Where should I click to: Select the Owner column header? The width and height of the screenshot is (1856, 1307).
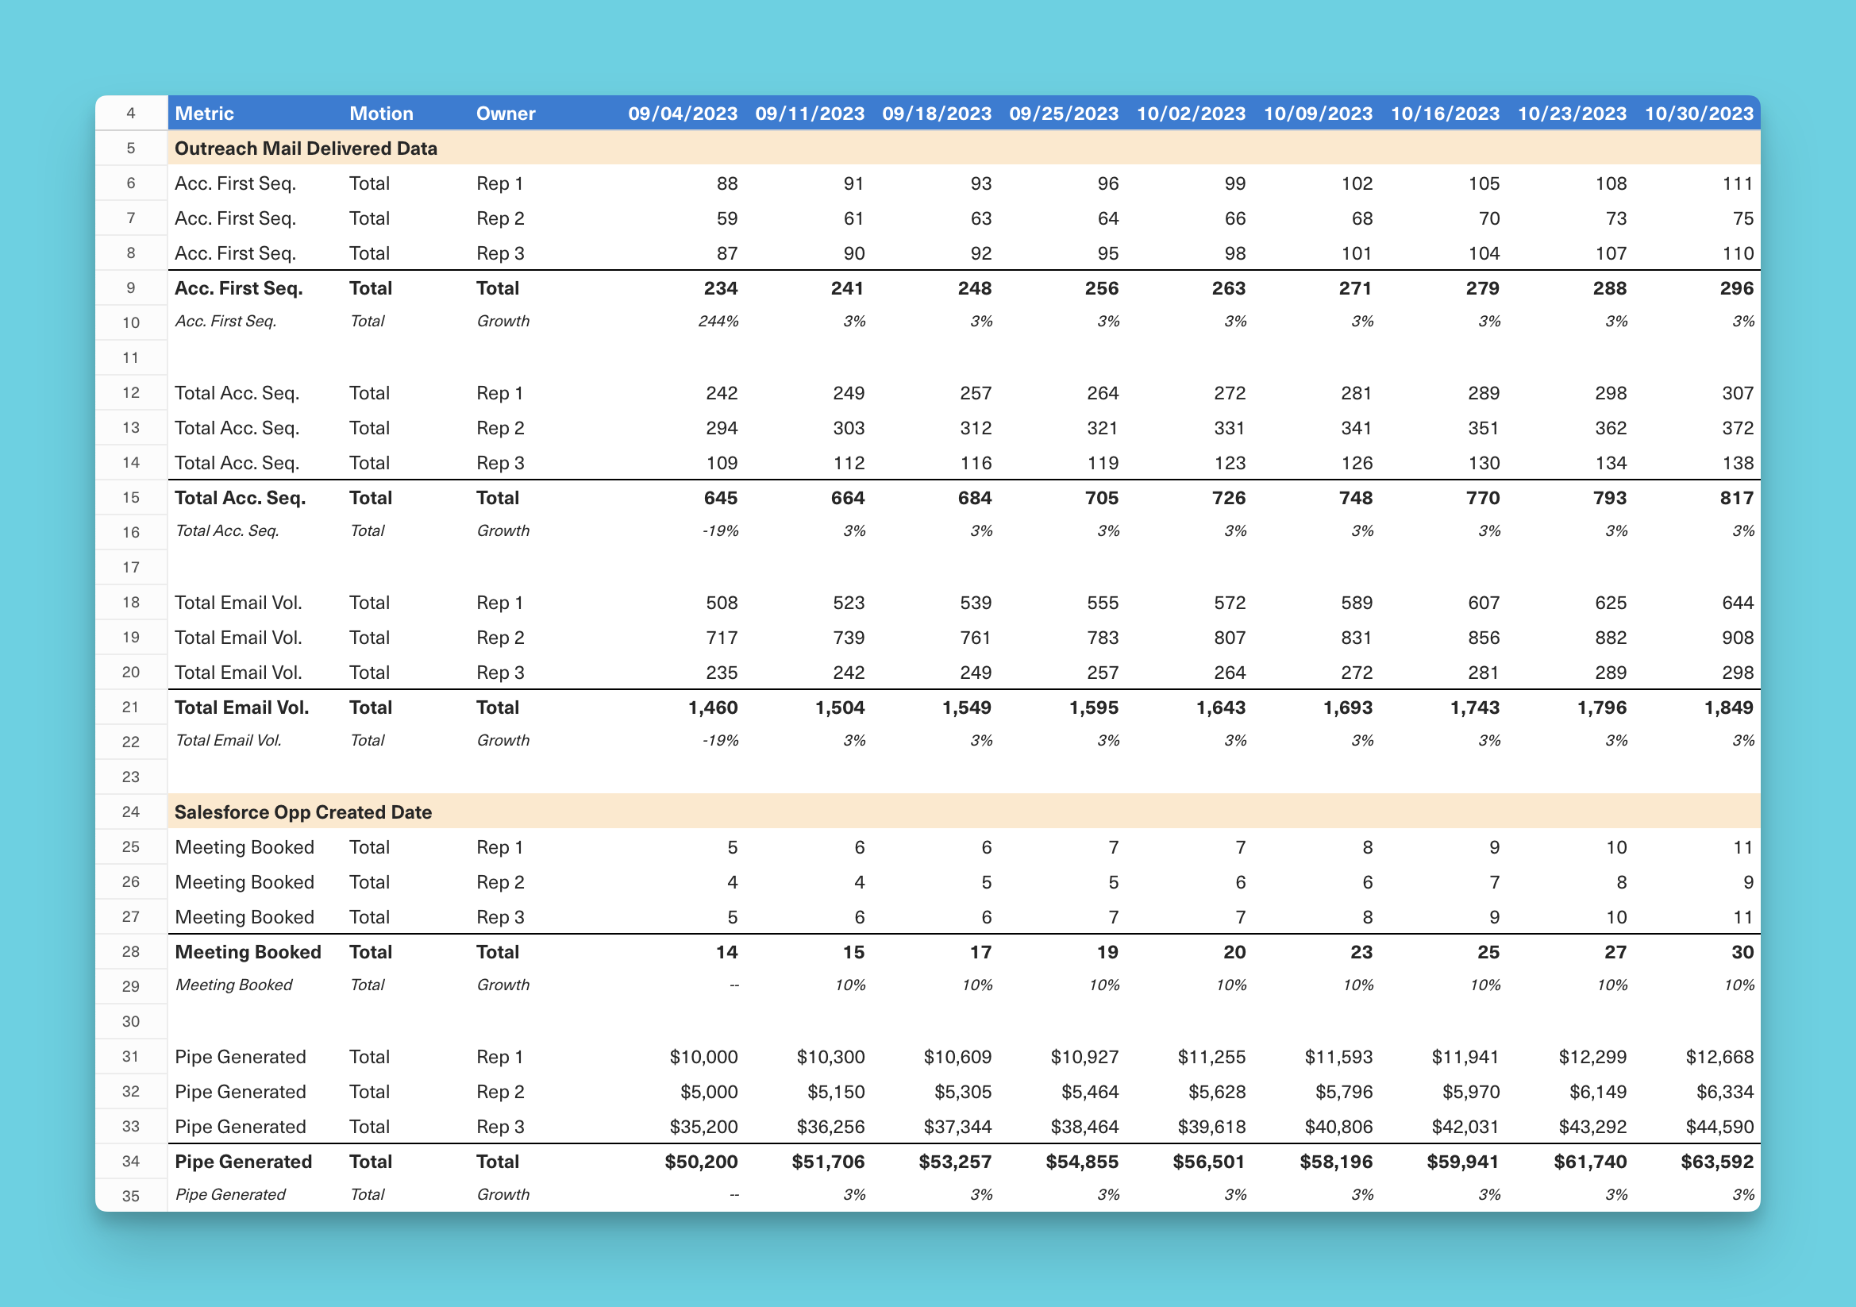(x=505, y=114)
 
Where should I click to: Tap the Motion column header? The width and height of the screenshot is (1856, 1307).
(x=381, y=114)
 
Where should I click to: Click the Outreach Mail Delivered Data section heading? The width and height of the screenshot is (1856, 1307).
(x=306, y=148)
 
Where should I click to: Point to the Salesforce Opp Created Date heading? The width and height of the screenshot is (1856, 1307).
(x=303, y=812)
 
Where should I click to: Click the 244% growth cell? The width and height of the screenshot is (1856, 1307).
(x=718, y=322)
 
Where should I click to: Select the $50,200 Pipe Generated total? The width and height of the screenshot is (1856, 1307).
(x=701, y=1162)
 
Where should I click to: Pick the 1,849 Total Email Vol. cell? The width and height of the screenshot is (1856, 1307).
(x=1728, y=707)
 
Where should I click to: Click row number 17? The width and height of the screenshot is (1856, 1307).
(x=131, y=568)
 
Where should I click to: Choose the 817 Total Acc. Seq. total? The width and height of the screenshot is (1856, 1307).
(x=1736, y=498)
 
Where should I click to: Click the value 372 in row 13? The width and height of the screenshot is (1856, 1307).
(x=1737, y=428)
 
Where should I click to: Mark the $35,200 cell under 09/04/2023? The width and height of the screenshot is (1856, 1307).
(x=703, y=1127)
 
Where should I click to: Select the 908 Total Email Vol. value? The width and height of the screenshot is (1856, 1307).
(x=1737, y=638)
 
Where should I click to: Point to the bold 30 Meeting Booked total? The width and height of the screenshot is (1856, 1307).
(x=1742, y=952)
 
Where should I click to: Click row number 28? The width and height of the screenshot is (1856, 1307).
(x=131, y=952)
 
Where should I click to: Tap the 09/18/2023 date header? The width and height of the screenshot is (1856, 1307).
(x=936, y=114)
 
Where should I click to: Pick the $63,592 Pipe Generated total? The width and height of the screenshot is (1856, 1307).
(x=1717, y=1162)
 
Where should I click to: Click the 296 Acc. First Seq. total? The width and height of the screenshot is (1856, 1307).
(x=1736, y=289)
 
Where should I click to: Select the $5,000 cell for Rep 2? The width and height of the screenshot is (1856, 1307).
(x=709, y=1092)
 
